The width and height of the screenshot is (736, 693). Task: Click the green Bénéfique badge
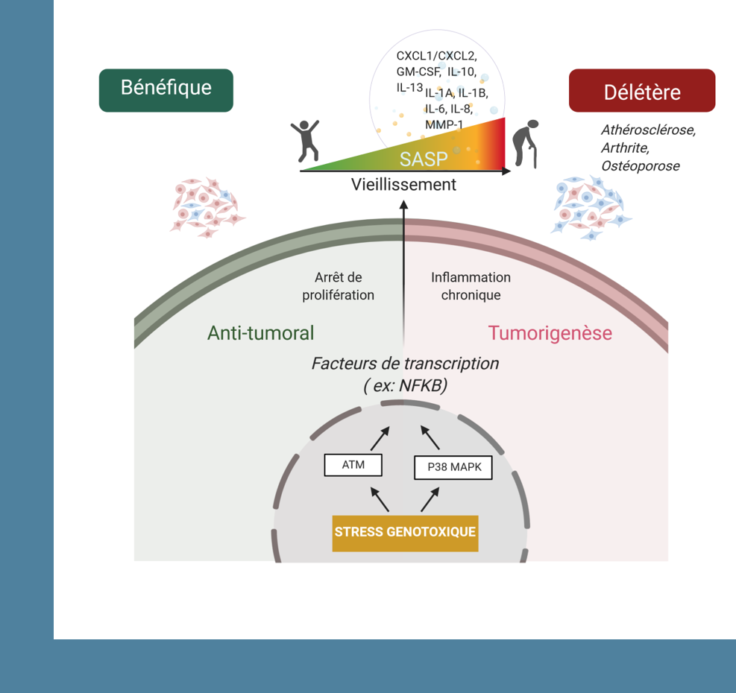click(166, 89)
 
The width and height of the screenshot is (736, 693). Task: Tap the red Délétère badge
click(641, 92)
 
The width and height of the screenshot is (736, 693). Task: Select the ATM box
click(353, 465)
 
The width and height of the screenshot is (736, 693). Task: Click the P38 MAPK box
click(453, 468)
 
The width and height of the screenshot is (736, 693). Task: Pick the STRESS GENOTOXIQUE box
click(405, 532)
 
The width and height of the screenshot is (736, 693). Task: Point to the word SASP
click(424, 159)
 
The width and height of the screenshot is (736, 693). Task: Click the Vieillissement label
click(403, 185)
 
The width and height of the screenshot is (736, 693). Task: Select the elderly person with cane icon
click(524, 144)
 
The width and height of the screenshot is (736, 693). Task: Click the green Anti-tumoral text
click(260, 332)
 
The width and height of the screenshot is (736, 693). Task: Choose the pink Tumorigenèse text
click(550, 332)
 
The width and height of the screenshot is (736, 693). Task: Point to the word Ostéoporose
click(641, 166)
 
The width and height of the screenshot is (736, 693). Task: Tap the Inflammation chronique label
click(471, 286)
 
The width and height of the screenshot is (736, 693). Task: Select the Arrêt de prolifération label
click(338, 286)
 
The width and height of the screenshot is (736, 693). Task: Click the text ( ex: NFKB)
click(404, 386)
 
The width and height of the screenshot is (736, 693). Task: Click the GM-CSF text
click(418, 72)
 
